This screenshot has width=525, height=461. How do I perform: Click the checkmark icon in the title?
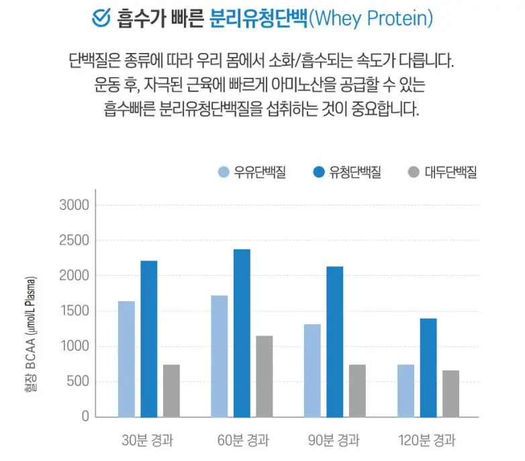tap(101, 19)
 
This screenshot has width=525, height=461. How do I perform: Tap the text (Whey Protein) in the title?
tap(370, 19)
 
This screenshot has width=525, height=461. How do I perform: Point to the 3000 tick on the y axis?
tap(74, 205)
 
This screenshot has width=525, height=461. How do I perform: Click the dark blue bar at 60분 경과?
tap(242, 333)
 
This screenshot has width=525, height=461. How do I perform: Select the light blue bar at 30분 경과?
tap(126, 359)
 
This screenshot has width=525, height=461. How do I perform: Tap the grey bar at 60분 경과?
tap(265, 376)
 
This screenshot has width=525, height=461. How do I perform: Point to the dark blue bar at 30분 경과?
tap(149, 339)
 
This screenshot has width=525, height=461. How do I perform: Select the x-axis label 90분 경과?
tap(334, 441)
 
